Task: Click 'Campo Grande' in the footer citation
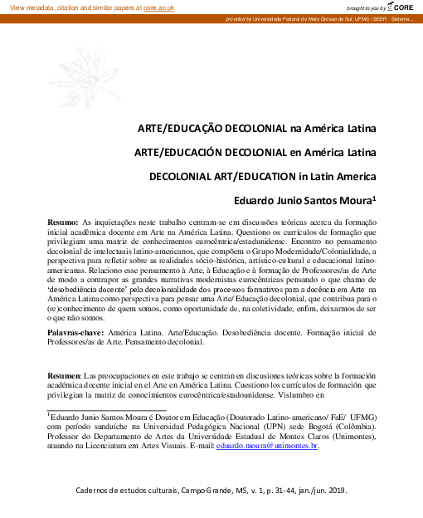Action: [x=207, y=491]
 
